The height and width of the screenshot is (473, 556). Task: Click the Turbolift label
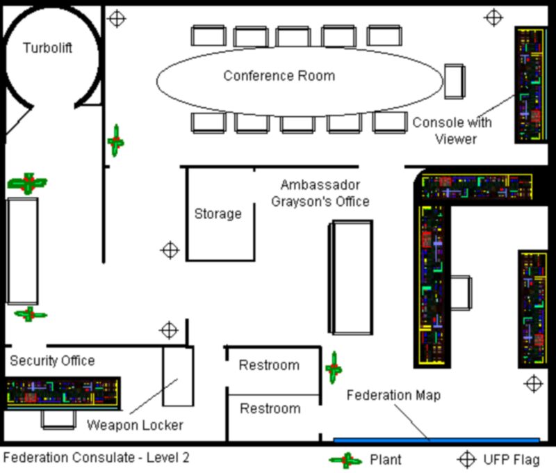(x=47, y=48)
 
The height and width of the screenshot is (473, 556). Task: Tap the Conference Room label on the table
(x=279, y=76)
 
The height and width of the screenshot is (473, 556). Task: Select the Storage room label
(x=218, y=214)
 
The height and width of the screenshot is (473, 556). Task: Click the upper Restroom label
(x=269, y=365)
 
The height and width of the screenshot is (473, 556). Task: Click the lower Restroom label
(x=270, y=408)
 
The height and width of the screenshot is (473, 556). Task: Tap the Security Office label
(x=52, y=361)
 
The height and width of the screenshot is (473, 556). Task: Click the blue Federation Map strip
(x=436, y=440)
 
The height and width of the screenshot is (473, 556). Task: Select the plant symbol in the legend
(x=345, y=460)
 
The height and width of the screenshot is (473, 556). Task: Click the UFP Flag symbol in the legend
(x=466, y=459)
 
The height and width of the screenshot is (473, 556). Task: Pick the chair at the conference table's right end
(x=454, y=81)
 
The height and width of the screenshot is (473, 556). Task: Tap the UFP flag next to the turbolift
(x=117, y=18)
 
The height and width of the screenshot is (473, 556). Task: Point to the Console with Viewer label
(x=452, y=130)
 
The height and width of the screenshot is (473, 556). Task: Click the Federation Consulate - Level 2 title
(x=96, y=458)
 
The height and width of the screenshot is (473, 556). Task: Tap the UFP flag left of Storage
(x=170, y=250)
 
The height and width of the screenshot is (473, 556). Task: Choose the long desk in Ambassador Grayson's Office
(x=350, y=277)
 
